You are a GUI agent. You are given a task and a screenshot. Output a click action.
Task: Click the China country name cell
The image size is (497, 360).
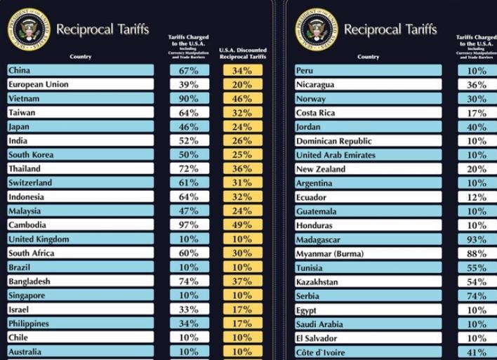80,70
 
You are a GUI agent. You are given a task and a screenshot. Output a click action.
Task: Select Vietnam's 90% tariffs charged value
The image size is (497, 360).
189,98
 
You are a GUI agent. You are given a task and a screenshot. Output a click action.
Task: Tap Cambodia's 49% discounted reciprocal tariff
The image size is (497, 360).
242,225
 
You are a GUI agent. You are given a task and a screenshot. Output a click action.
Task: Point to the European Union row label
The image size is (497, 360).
80,84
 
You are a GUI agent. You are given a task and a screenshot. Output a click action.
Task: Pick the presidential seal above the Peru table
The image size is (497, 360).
316,29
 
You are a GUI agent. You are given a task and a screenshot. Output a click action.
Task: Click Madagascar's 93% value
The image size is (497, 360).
477,239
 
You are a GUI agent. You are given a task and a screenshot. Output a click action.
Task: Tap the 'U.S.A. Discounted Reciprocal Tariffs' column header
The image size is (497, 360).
242,53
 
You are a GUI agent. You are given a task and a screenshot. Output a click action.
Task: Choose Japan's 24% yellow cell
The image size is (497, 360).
242,127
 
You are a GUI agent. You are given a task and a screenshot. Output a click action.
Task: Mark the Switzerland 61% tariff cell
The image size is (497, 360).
189,183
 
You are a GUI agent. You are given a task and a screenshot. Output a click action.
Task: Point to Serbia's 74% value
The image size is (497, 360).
477,296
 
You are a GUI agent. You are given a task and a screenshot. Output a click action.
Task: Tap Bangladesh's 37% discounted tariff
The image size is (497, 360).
242,281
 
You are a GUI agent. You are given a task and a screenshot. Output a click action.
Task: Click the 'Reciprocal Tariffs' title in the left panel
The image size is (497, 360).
102,29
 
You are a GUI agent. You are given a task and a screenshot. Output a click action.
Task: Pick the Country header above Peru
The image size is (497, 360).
368,57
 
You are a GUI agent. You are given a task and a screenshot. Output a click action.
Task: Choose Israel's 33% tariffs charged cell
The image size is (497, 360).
189,309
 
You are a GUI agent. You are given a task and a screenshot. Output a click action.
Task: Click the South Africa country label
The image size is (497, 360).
80,253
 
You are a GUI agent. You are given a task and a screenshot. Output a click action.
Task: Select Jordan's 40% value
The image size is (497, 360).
477,127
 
